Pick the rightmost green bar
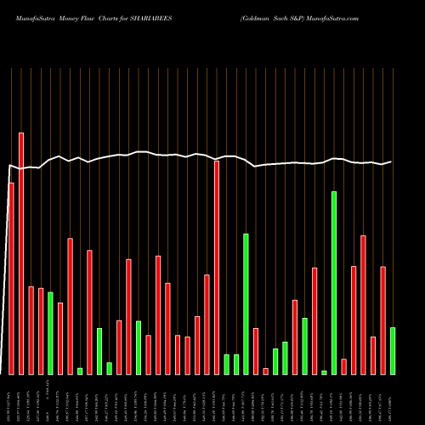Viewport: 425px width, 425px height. [393, 350]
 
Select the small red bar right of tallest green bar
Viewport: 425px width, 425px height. [343, 366]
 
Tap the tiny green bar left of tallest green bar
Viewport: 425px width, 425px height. [324, 372]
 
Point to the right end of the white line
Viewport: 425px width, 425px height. [391, 161]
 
